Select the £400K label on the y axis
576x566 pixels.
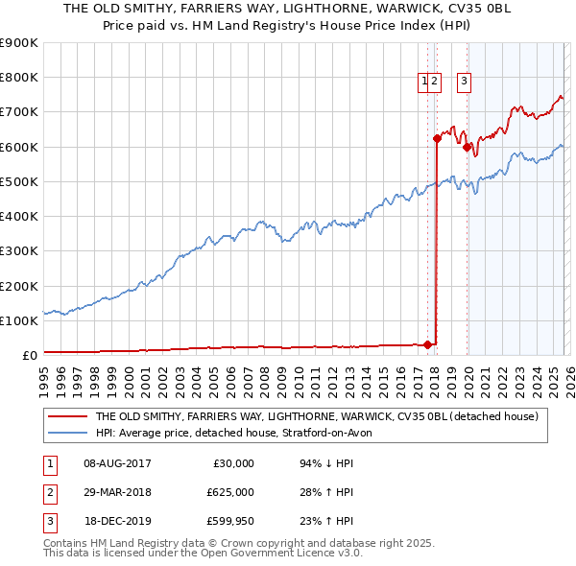(x=19, y=216)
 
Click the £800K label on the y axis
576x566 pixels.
(x=19, y=78)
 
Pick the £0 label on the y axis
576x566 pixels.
(x=29, y=355)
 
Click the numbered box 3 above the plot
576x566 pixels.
(x=464, y=83)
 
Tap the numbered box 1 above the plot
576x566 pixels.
(x=424, y=83)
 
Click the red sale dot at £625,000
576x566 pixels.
(x=437, y=138)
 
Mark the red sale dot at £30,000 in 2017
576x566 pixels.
(x=427, y=344)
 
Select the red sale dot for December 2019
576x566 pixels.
(x=467, y=147)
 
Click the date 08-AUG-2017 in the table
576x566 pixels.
(x=117, y=463)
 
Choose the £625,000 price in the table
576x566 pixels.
(x=230, y=492)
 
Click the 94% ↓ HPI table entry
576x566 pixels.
(x=326, y=463)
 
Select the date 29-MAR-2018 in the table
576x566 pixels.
(x=117, y=492)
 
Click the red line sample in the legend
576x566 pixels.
(x=66, y=417)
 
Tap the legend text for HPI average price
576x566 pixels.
(x=240, y=434)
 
